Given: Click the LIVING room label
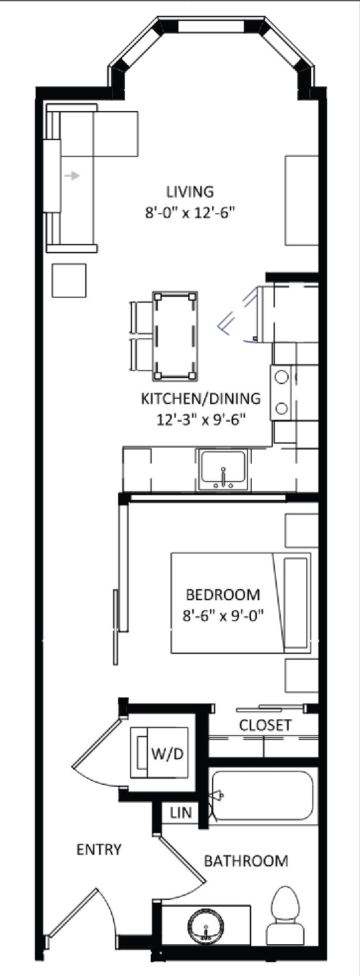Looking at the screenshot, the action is [190, 192].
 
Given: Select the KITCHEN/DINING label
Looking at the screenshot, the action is [201, 399].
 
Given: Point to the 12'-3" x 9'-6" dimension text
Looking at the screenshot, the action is [201, 420].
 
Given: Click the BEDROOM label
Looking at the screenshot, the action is [223, 595].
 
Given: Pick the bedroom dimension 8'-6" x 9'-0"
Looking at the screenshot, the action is [223, 616].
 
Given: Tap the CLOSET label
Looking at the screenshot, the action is [265, 725].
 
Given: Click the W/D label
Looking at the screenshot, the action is [167, 754].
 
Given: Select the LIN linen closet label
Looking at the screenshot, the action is [181, 813].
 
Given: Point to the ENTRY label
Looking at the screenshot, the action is [99, 850].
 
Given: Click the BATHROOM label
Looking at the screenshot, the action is [246, 861].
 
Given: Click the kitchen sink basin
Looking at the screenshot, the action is [223, 469].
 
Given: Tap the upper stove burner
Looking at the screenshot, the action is [281, 377].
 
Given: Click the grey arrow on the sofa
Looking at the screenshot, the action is [72, 176].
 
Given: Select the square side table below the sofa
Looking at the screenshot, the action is [69, 280].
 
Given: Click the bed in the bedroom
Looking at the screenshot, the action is [241, 603].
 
